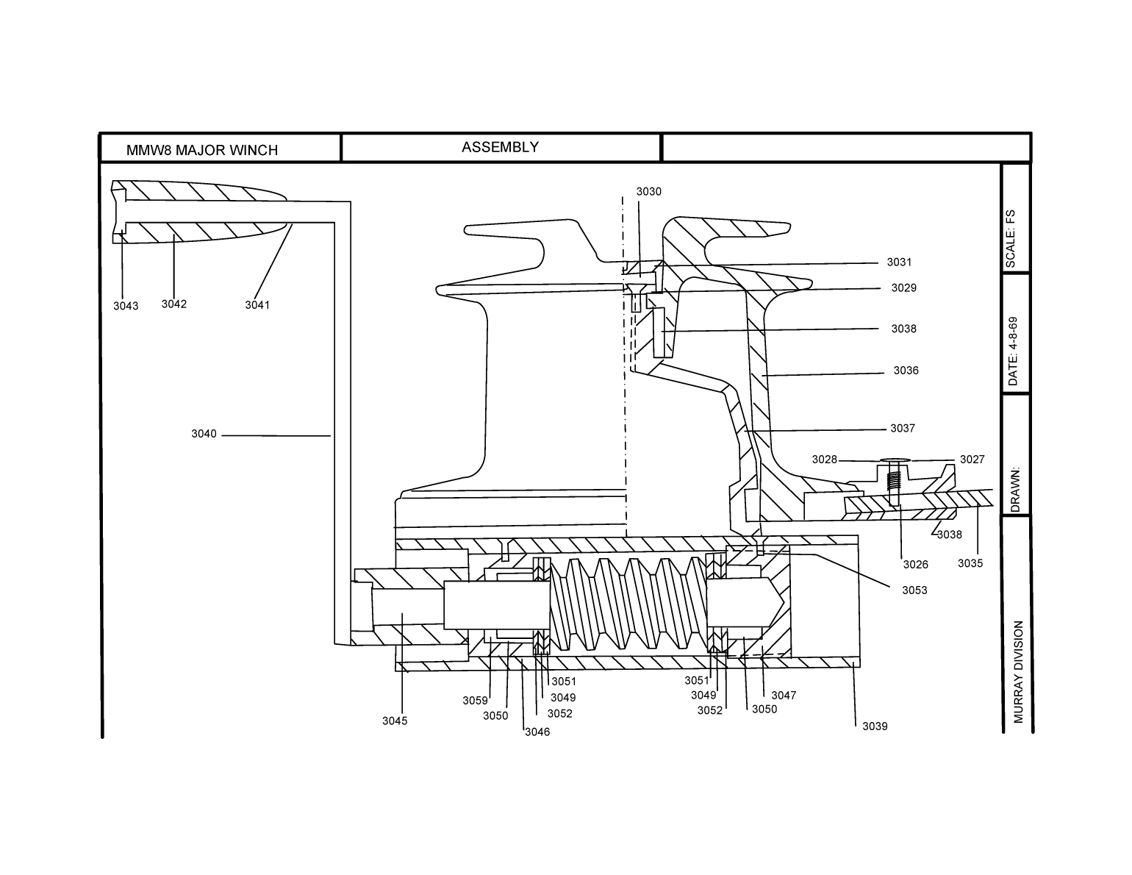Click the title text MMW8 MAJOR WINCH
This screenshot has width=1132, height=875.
[202, 150]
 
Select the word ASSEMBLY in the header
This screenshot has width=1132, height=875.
[500, 147]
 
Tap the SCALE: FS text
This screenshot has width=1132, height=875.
[1011, 239]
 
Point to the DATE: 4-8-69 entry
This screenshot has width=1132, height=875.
[1013, 351]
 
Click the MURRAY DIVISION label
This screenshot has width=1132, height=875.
[1018, 671]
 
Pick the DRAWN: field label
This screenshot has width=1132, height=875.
[1015, 490]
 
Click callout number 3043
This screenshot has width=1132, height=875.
[126, 306]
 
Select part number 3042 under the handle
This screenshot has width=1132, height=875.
[174, 304]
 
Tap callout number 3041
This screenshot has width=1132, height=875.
[257, 305]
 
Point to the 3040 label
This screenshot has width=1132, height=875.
[204, 434]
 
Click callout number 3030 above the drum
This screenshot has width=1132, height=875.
[649, 192]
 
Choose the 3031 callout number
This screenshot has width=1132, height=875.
[899, 262]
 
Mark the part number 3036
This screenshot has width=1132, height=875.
[906, 371]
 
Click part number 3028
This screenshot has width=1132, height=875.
[825, 460]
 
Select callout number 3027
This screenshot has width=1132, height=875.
[972, 460]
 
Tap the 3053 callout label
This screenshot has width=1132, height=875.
[915, 590]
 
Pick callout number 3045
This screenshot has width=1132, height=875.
[395, 721]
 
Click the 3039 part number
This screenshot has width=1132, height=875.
[875, 726]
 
